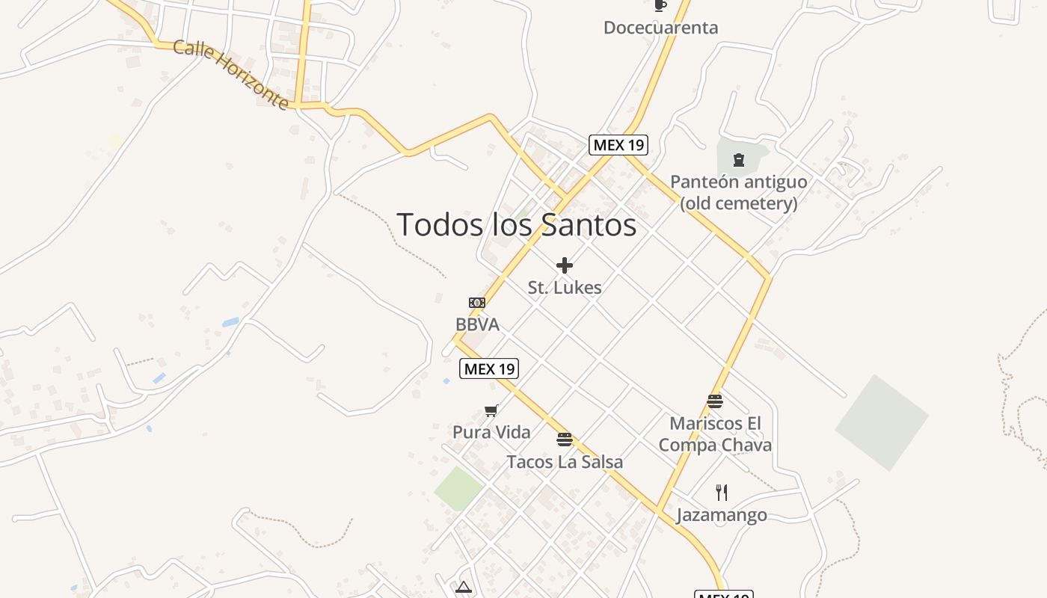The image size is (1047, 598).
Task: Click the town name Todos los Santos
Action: pyautogui.click(x=516, y=224)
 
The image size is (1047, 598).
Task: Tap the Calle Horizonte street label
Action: pyautogui.click(x=231, y=75)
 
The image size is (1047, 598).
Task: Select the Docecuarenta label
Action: pyautogui.click(x=660, y=28)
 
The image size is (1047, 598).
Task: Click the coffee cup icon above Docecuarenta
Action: pyautogui.click(x=660, y=6)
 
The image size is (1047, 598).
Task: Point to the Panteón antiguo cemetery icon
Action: pyautogui.click(x=739, y=159)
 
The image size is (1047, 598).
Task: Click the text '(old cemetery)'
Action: pyautogui.click(x=738, y=203)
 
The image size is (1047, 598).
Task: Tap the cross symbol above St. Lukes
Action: pyautogui.click(x=565, y=265)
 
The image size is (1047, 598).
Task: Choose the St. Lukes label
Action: pyautogui.click(x=565, y=287)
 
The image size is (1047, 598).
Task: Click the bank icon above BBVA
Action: pyautogui.click(x=477, y=303)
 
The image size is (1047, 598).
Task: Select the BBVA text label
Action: pyautogui.click(x=477, y=324)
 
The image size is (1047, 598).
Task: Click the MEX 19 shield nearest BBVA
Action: pyautogui.click(x=489, y=368)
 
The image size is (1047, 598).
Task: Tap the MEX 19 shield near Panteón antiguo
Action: pyautogui.click(x=618, y=145)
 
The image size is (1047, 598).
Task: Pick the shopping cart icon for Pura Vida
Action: pyautogui.click(x=491, y=410)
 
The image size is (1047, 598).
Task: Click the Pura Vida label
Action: pyautogui.click(x=491, y=432)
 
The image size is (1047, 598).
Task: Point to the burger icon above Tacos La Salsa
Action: pyautogui.click(x=565, y=440)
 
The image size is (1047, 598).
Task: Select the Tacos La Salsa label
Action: pyautogui.click(x=565, y=462)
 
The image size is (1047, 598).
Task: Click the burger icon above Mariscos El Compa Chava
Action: pyautogui.click(x=715, y=401)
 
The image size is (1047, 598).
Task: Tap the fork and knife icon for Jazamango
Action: pyautogui.click(x=722, y=492)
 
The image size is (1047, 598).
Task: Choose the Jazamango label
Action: pyautogui.click(x=722, y=515)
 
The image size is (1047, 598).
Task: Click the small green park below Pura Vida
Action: pyautogui.click(x=458, y=488)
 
